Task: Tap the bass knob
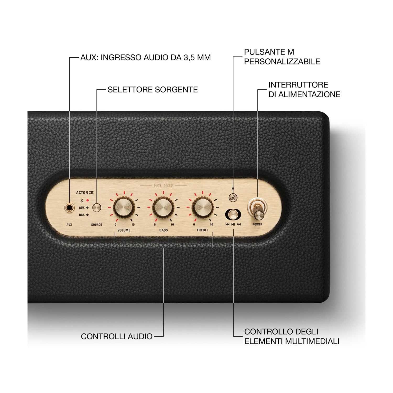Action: (x=163, y=208)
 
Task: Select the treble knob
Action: (x=203, y=208)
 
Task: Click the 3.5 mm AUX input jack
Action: (x=69, y=208)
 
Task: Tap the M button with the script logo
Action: (x=233, y=198)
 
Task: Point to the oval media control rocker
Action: (x=233, y=215)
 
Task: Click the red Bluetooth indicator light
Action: (x=88, y=200)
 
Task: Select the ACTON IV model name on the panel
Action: (x=85, y=193)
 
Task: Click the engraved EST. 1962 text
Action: (x=163, y=186)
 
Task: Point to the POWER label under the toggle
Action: (x=257, y=224)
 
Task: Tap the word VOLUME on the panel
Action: (x=124, y=230)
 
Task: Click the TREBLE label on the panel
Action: (x=203, y=230)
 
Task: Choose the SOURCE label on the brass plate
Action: (x=96, y=225)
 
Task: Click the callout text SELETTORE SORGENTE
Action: (x=152, y=90)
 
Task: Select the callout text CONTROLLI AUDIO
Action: (x=117, y=336)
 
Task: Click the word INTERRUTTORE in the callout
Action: (x=298, y=85)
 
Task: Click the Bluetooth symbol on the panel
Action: (x=82, y=200)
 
